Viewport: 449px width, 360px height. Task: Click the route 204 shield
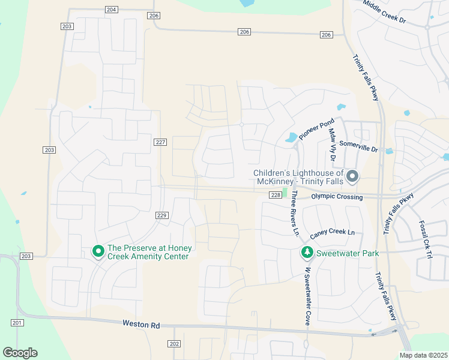[111, 10]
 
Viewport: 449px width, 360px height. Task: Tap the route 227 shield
[160, 142]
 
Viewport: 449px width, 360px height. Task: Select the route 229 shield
[161, 215]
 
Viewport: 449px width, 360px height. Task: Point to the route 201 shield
[17, 323]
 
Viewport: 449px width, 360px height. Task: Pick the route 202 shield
[173, 344]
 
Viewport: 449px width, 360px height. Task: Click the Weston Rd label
[141, 325]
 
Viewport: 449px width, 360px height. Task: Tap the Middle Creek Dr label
[385, 12]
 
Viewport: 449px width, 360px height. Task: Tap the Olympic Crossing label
[337, 197]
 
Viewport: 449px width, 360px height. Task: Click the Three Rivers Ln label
[294, 213]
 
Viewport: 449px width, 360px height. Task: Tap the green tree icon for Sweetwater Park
[307, 253]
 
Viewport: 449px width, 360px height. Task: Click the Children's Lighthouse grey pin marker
[353, 176]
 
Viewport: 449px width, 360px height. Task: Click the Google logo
[20, 353]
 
